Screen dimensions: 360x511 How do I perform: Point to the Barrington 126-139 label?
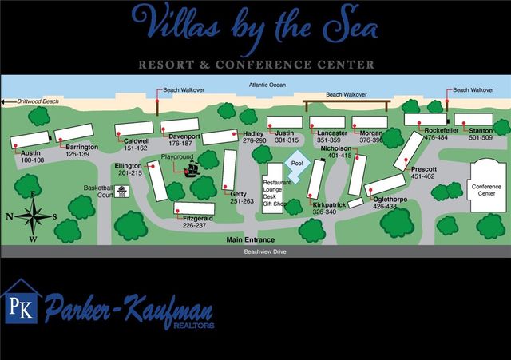coord(81,150)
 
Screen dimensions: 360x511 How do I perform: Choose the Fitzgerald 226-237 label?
coord(200,222)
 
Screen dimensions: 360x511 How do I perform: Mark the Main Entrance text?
coord(250,239)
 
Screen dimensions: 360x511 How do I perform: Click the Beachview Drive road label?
coord(264,251)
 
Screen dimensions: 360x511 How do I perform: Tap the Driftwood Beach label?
coord(34,102)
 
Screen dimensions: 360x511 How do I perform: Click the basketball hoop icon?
coord(122,191)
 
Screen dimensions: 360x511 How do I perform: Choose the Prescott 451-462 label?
coord(423,172)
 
